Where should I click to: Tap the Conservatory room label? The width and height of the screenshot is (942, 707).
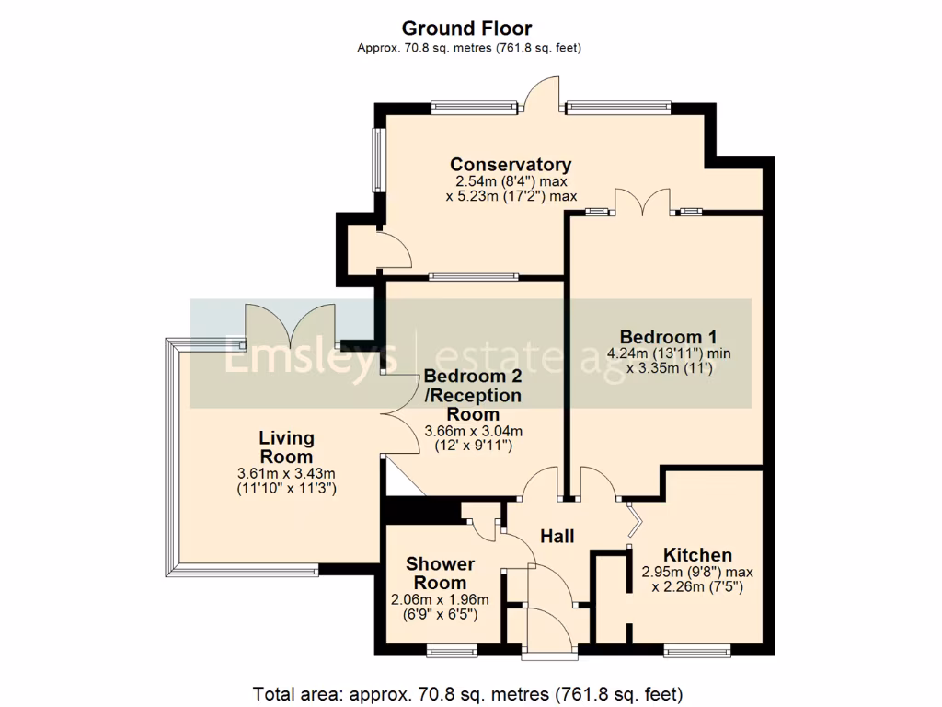[x=511, y=165]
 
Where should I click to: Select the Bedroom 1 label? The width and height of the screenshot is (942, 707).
[x=668, y=336]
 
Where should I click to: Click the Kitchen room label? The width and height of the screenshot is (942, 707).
[x=697, y=555]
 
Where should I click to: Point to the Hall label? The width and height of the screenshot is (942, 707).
[x=557, y=536]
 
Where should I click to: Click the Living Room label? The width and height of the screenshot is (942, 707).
[x=286, y=446]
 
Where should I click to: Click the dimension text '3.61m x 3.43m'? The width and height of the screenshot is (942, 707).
[x=286, y=473]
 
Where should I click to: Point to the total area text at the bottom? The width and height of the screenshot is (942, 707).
[x=468, y=692]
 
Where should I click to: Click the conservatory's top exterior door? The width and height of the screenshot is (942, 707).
[x=544, y=95]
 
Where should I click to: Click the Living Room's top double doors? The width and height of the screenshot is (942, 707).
[x=289, y=325]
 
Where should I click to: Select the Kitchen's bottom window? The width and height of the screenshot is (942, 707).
[x=697, y=653]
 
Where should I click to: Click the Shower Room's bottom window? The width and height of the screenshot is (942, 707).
[x=453, y=653]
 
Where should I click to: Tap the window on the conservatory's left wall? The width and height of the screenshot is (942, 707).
[x=376, y=159]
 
